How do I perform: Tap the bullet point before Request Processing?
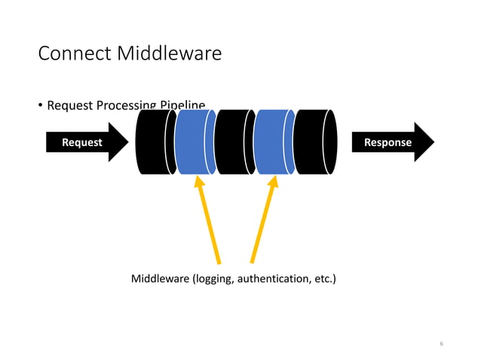[41, 105]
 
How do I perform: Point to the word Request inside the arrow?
[81, 142]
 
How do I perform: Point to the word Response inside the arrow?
[388, 142]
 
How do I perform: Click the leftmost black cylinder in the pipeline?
[154, 142]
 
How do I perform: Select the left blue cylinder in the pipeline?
[195, 142]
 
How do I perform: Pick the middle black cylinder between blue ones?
[234, 142]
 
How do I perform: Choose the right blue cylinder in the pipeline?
[274, 142]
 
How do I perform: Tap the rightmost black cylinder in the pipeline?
[314, 142]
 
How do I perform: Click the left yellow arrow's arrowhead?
[199, 182]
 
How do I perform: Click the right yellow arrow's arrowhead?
[274, 182]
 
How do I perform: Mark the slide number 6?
[441, 343]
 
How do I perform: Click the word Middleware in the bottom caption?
[161, 280]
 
